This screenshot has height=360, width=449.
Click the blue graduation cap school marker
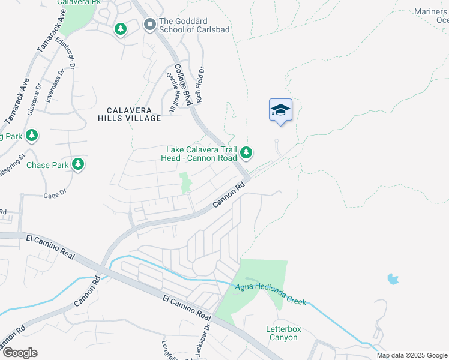point(280,110)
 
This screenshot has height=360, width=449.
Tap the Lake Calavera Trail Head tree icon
point(246,153)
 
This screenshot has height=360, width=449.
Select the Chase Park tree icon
point(77,164)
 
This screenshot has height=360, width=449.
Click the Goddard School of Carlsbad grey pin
point(149,25)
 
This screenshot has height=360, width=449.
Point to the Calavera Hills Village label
point(130,114)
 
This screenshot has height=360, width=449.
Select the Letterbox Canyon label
point(282,333)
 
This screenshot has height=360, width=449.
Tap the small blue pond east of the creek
point(393,278)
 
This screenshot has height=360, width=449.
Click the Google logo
point(19,353)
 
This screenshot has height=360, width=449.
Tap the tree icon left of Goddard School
point(121,29)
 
